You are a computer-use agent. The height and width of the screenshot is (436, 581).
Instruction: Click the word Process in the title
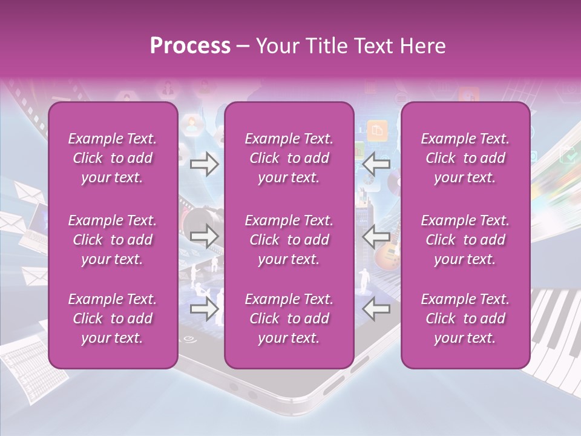190,46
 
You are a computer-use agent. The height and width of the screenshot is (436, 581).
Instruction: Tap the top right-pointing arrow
204,164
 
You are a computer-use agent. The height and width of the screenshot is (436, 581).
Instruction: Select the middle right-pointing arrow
204,237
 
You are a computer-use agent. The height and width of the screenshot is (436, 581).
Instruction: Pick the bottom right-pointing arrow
204,309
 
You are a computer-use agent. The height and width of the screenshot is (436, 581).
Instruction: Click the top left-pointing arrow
376,164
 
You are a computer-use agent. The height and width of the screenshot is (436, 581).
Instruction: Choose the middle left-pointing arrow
376,237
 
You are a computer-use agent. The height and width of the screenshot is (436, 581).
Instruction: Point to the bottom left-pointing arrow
376,309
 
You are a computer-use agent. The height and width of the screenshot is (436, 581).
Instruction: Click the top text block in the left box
113,158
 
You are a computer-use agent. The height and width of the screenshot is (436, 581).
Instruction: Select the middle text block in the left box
113,240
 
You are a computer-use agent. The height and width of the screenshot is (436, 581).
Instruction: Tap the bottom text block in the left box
113,319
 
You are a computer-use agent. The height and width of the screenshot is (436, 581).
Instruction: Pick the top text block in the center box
289,158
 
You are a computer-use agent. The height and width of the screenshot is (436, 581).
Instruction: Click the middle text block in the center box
289,240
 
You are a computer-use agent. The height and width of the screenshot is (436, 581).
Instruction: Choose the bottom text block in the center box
289,319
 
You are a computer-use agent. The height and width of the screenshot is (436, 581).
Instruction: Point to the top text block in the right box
465,158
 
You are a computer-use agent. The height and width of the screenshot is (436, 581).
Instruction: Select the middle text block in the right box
465,240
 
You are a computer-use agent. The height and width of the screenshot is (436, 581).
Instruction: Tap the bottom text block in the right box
465,319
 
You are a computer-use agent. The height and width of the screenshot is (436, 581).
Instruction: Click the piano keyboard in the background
554,327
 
